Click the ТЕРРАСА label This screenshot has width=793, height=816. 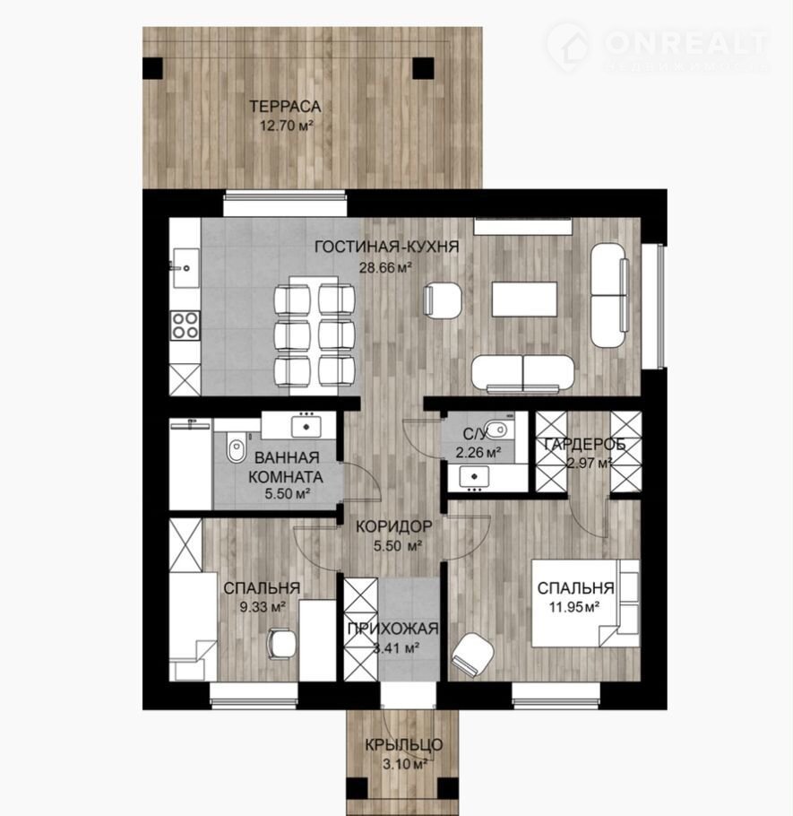point(285,107)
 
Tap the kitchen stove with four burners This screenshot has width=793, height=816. point(185,325)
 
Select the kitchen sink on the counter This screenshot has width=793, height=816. point(185,268)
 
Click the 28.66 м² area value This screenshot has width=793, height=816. point(385,268)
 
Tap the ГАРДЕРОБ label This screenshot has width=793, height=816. point(584,445)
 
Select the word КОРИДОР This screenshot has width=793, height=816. point(393,526)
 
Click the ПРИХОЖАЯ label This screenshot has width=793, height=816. point(393,629)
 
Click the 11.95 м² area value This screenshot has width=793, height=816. point(574,607)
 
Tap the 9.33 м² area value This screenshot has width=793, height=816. point(262,607)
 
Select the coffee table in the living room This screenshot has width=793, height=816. point(524,299)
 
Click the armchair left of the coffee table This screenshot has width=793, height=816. point(443,299)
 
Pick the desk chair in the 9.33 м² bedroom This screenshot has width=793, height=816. point(280,644)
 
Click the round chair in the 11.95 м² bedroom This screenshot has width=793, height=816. point(473,655)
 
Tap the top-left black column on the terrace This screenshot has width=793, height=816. point(153,68)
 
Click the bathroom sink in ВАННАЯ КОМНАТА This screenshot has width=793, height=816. point(306,426)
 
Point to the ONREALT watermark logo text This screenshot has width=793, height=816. point(685,43)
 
